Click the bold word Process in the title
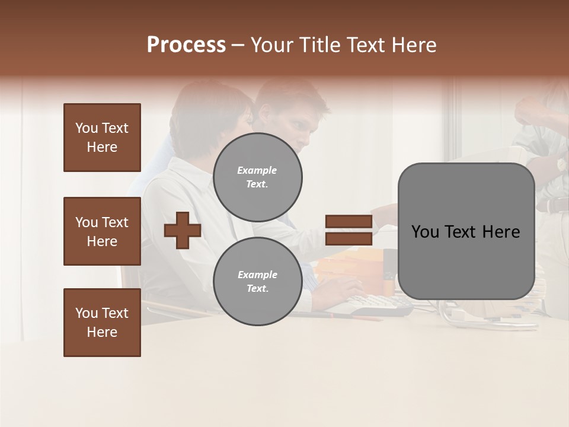(x=186, y=45)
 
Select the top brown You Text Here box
(x=102, y=138)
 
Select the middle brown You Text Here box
(x=102, y=231)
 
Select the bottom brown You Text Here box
(x=102, y=322)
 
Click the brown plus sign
(x=183, y=230)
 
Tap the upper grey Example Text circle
(x=257, y=177)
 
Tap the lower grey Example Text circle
(x=257, y=282)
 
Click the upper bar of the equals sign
(x=349, y=222)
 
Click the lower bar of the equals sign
(x=349, y=238)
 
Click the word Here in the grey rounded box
(x=501, y=232)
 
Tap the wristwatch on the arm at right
(x=561, y=164)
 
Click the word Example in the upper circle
(x=257, y=170)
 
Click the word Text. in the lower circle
(x=257, y=289)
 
